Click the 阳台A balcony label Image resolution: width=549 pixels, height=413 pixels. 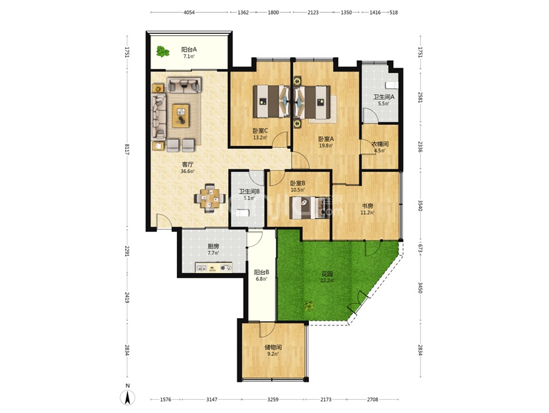[189, 49]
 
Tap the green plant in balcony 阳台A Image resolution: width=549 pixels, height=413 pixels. [162, 52]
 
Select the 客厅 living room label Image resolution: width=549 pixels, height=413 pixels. [188, 165]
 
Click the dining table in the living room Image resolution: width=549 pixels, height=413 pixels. [210, 198]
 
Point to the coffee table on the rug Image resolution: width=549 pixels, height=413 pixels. [180, 116]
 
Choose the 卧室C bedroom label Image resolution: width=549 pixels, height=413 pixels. [260, 131]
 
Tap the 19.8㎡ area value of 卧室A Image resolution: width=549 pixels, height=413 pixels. [326, 145]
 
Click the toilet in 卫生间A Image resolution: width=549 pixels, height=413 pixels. [391, 85]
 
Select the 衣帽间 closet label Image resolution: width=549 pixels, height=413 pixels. [380, 144]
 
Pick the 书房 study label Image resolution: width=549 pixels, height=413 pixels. [367, 206]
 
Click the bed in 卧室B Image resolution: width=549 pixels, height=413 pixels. [310, 208]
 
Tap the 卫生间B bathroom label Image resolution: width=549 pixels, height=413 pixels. [249, 191]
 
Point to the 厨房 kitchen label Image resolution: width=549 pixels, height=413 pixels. [213, 246]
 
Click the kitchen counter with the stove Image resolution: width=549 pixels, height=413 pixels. [213, 268]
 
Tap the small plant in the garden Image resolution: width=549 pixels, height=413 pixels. [308, 306]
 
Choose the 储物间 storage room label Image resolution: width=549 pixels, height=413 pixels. [273, 347]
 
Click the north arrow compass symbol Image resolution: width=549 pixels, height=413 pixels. [128, 397]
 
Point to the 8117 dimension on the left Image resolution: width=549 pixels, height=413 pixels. [127, 149]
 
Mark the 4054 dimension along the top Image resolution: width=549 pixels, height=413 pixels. [189, 12]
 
